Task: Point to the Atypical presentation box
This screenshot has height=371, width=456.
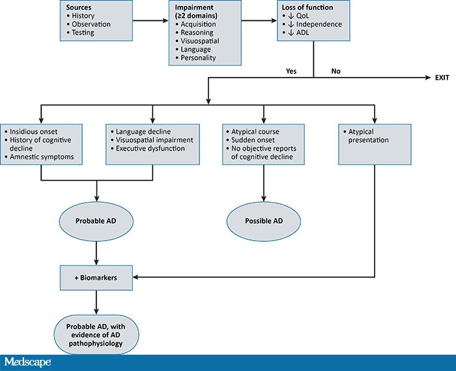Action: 375,140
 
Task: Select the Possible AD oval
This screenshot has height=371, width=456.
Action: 264,220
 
